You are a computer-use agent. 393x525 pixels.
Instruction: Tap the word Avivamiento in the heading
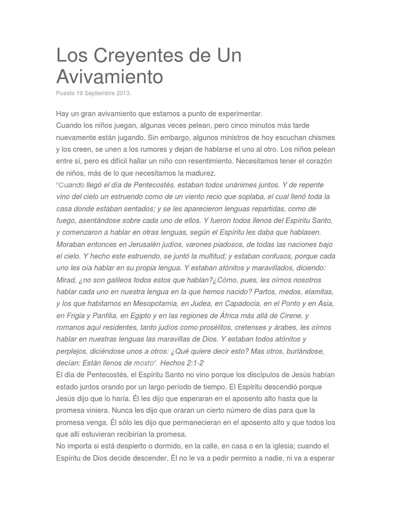[110, 76]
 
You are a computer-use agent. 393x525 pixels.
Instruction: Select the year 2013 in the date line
[123, 93]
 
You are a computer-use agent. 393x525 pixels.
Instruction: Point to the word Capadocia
[249, 304]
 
